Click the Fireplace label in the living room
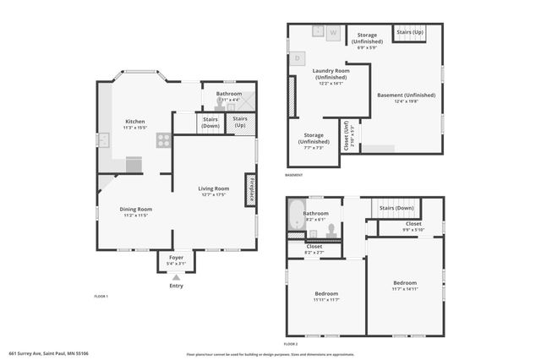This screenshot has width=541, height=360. tap(251, 189)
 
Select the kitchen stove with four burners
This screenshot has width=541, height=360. tap(163, 140)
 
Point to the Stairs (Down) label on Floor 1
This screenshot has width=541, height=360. tap(210, 123)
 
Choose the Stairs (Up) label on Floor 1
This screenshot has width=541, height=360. tap(241, 123)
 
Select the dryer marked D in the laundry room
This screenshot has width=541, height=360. tap(298, 58)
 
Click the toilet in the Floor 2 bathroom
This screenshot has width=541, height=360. tap(331, 230)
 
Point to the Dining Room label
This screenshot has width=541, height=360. tap(135, 209)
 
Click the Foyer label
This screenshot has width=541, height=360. tap(176, 257)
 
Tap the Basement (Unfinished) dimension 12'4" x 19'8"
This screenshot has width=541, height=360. tap(407, 102)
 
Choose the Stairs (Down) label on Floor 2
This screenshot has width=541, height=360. tap(396, 208)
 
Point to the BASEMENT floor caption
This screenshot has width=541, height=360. tap(293, 175)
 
